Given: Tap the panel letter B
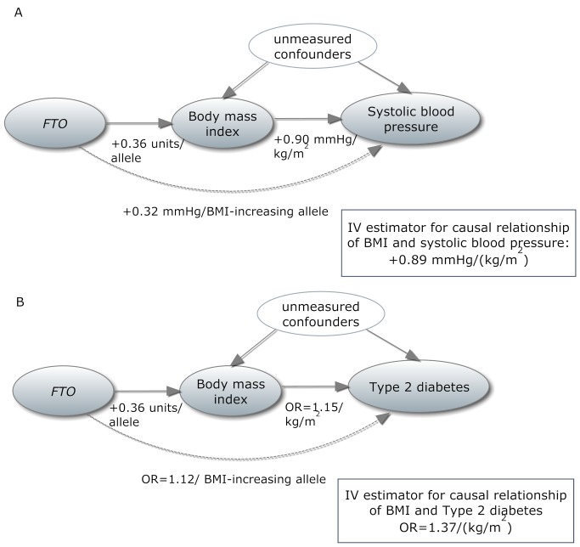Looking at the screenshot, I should coord(17,300).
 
